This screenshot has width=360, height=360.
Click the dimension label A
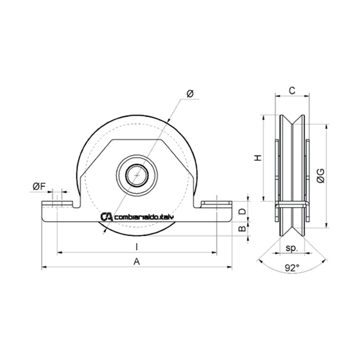click(x=136, y=262)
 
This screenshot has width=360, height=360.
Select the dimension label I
click(x=136, y=247)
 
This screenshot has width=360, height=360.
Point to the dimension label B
click(x=242, y=228)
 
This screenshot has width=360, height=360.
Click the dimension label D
click(x=242, y=211)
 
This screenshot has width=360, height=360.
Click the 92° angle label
click(x=292, y=267)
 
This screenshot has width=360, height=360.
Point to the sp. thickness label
click(x=292, y=248)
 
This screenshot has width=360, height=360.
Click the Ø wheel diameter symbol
click(x=190, y=94)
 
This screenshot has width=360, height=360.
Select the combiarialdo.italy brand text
click(x=144, y=217)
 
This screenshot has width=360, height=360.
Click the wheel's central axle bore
click(x=136, y=175)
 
